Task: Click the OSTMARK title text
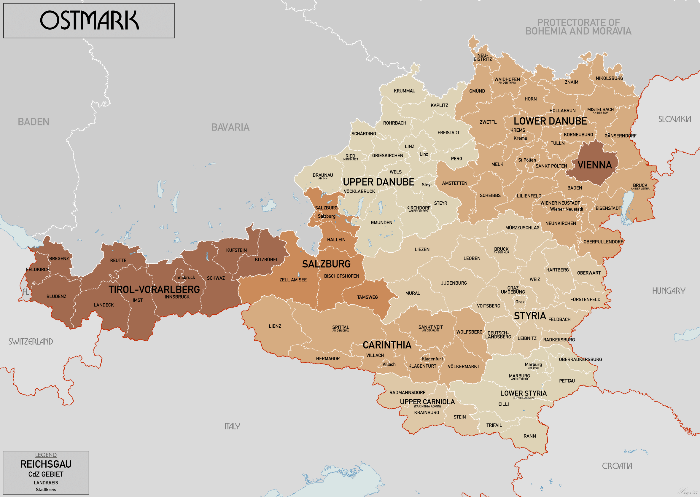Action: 89,20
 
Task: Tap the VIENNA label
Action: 594,165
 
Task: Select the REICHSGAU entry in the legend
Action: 46,464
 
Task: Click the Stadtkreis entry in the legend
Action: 46,490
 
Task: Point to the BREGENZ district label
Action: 59,259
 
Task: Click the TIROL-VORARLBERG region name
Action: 154,289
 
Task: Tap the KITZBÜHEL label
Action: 267,259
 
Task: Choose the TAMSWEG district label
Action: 367,297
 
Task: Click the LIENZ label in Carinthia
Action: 275,326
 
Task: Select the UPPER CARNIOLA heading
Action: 427,402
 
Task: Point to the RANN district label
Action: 529,436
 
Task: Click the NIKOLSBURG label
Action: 609,78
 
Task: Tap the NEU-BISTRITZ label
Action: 483,58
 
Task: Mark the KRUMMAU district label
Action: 404,91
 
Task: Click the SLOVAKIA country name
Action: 674,119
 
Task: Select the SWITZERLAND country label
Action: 31,342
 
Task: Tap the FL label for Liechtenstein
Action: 26,292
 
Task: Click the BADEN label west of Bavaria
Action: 34,122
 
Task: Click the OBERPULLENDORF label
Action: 603,242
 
